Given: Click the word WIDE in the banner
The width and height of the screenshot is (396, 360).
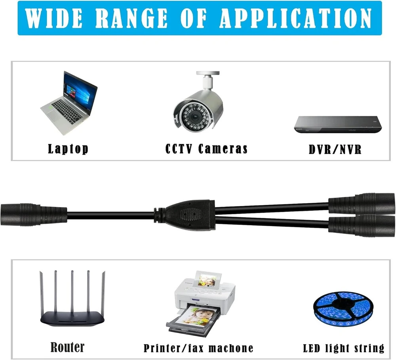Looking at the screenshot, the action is pyautogui.click(x=54, y=18).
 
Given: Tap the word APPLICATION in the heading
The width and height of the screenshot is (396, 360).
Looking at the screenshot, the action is pyautogui.click(x=295, y=18).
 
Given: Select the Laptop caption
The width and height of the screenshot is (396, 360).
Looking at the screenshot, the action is pyautogui.click(x=68, y=149).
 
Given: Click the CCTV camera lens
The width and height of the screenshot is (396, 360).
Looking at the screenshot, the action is pyautogui.click(x=195, y=117).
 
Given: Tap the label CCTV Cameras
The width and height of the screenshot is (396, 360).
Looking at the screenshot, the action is pyautogui.click(x=206, y=149).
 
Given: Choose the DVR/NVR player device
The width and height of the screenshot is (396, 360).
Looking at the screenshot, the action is pyautogui.click(x=338, y=124).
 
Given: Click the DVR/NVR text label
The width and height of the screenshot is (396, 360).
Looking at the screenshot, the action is pyautogui.click(x=335, y=149).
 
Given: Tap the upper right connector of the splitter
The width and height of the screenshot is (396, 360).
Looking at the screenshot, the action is pyautogui.click(x=362, y=204).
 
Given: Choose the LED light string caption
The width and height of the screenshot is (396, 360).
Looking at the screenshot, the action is pyautogui.click(x=344, y=349).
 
